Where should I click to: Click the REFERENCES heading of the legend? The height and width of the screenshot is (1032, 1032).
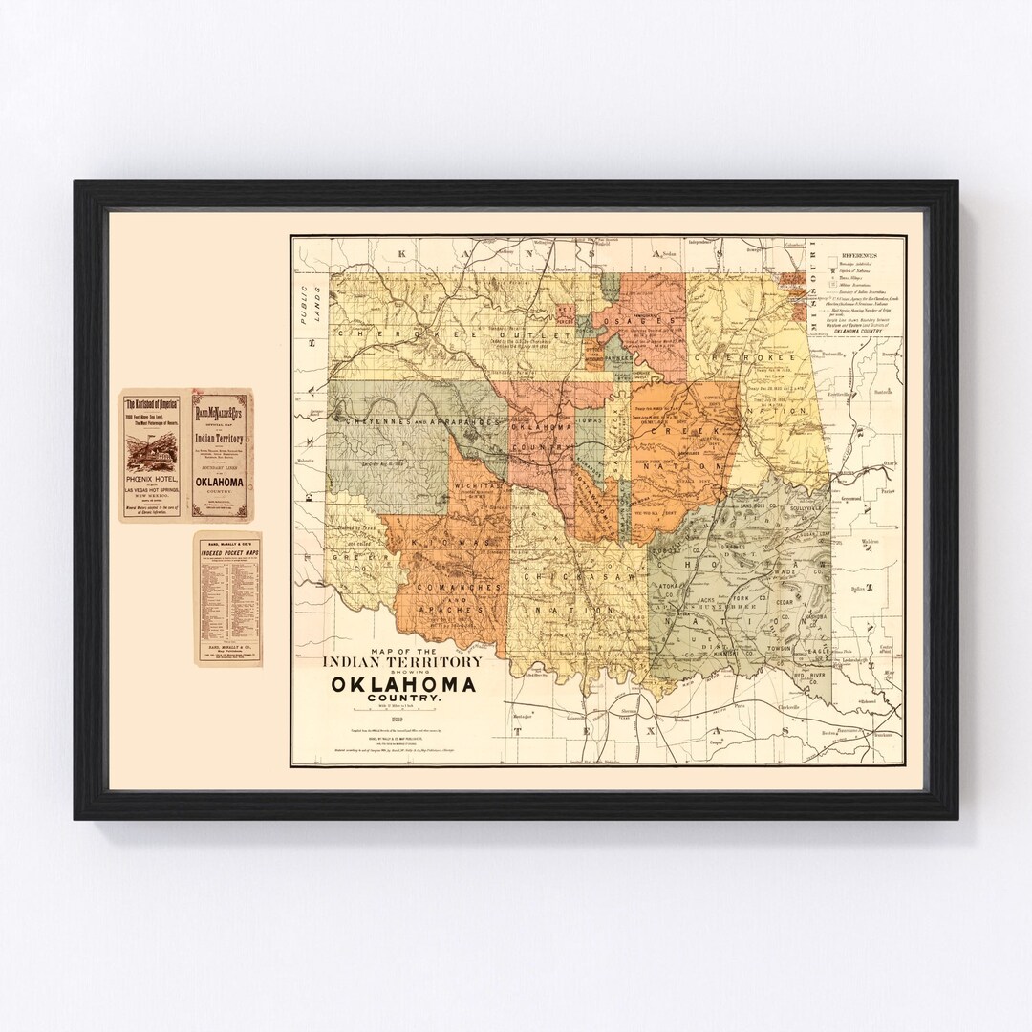[x=861, y=257]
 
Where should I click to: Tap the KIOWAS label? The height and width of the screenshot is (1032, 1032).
[x=445, y=542]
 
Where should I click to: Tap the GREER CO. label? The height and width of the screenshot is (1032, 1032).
[x=360, y=557]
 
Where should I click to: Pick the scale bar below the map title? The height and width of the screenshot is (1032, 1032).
[x=403, y=712]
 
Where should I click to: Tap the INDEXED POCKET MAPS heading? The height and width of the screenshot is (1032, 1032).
[x=224, y=553]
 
